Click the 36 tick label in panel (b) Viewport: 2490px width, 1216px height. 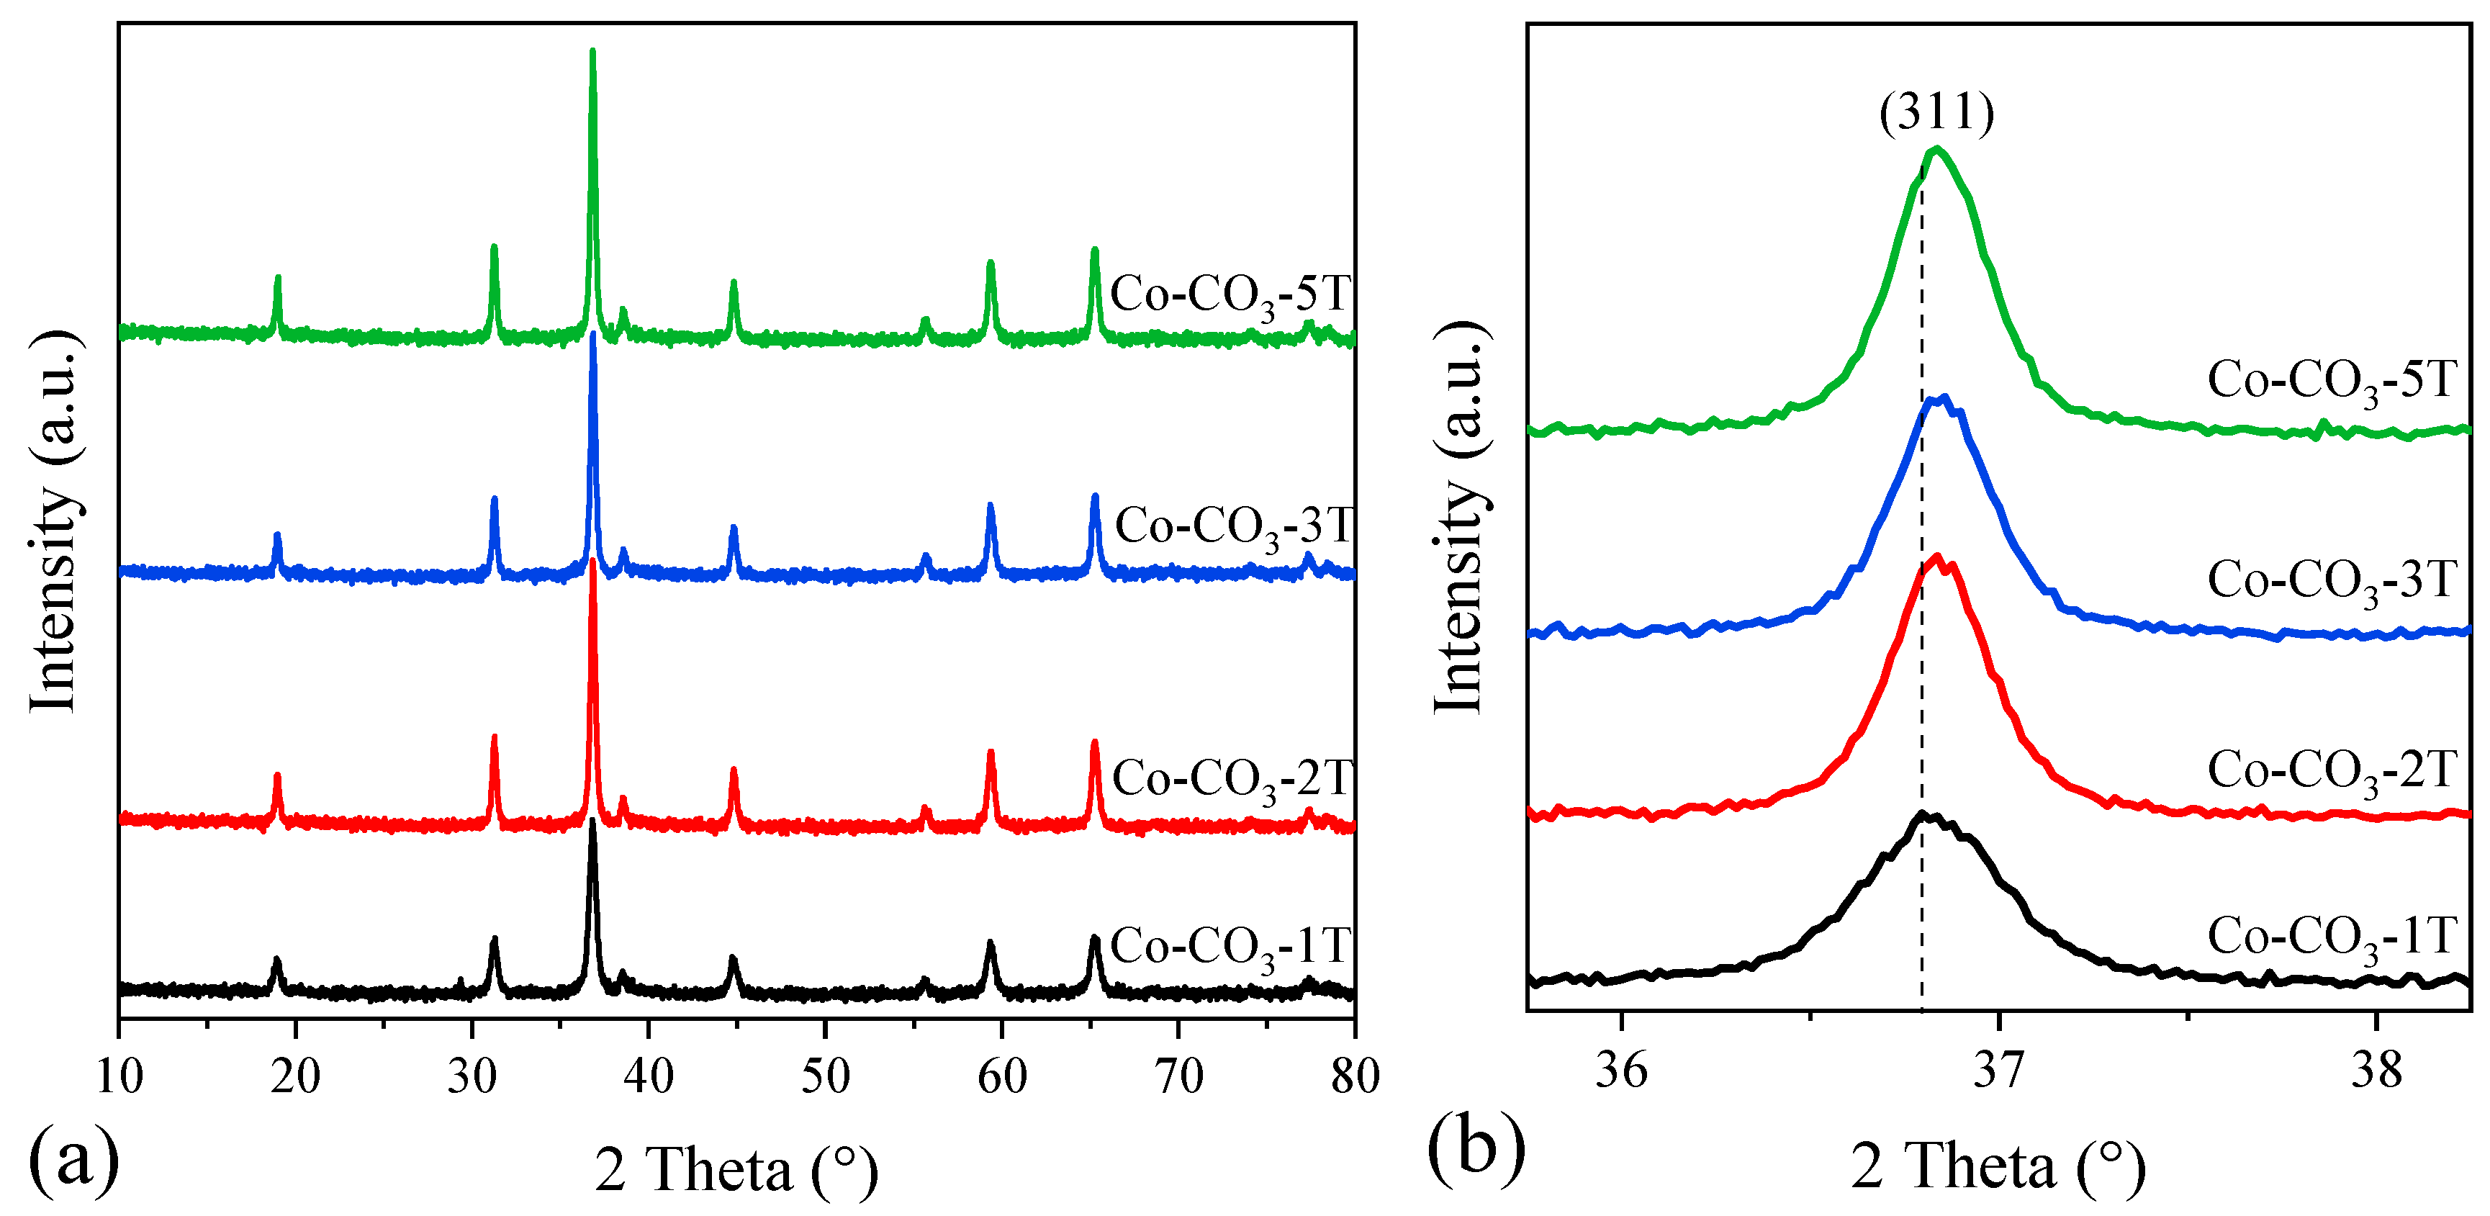pos(1621,1070)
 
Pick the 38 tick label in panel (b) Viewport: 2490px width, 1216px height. pos(2376,1070)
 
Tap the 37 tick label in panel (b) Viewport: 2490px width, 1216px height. pos(1998,1070)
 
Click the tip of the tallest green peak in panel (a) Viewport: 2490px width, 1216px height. pos(592,51)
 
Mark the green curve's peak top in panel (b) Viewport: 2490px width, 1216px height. pos(1935,149)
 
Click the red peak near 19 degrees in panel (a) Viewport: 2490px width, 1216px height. pos(277,776)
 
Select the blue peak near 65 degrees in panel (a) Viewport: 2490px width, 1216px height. pos(1095,497)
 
